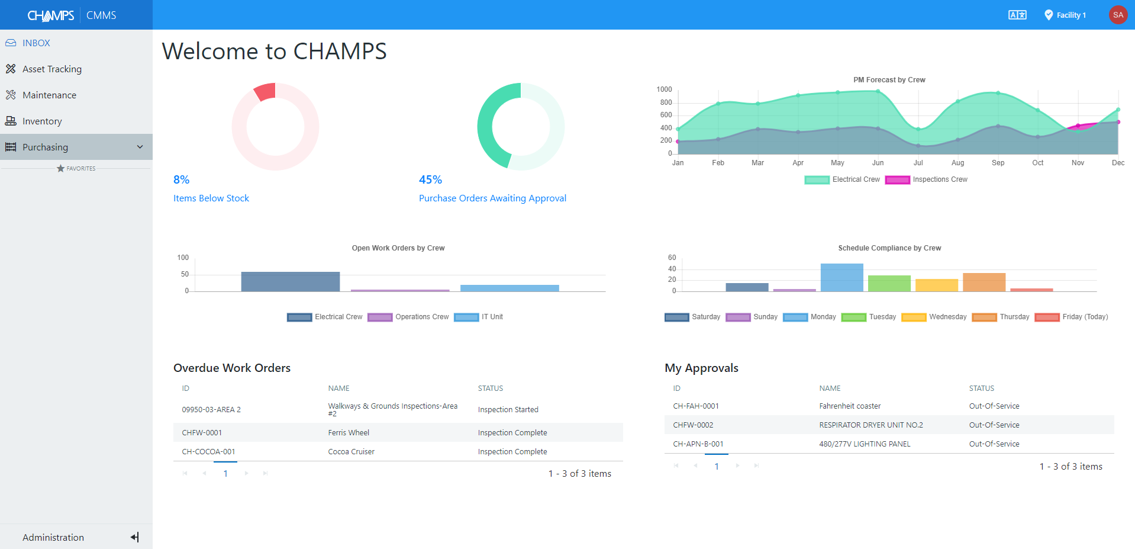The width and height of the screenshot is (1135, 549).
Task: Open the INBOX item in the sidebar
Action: (x=36, y=43)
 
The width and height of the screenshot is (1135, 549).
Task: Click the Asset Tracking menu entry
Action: (x=51, y=69)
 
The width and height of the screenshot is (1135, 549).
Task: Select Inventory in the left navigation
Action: (x=41, y=121)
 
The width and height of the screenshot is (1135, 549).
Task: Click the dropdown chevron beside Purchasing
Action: (x=140, y=147)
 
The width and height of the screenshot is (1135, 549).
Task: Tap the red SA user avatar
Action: (x=1117, y=15)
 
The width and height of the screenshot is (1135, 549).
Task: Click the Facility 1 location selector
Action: (x=1065, y=15)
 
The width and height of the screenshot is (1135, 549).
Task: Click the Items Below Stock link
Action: (x=211, y=198)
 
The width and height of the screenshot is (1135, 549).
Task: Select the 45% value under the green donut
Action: (x=430, y=179)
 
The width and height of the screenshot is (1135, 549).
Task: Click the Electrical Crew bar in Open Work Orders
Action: (x=290, y=281)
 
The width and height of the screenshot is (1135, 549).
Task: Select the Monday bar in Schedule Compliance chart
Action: (x=841, y=277)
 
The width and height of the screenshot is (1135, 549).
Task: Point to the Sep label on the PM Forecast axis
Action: (x=998, y=163)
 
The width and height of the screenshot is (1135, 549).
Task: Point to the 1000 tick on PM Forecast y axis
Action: (x=664, y=89)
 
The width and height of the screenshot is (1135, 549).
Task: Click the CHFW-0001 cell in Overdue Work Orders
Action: (x=202, y=433)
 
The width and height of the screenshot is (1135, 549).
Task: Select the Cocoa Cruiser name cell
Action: (x=351, y=452)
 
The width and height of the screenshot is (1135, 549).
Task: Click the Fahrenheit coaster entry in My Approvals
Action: (x=850, y=406)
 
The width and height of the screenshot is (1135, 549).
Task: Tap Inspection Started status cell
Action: (x=508, y=410)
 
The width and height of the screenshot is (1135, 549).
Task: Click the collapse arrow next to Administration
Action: (x=134, y=537)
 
